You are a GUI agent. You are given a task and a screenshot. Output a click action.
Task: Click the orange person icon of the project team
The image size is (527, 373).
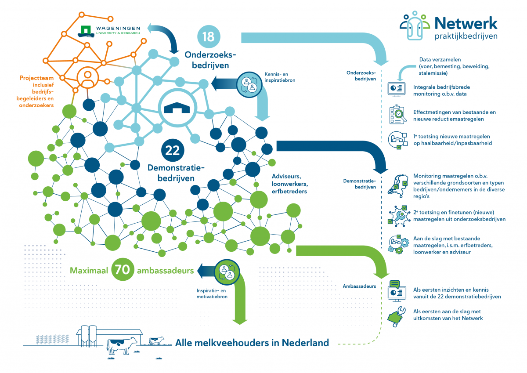coord(87,78)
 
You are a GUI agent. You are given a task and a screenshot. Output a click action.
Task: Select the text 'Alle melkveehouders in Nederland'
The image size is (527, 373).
coord(252,343)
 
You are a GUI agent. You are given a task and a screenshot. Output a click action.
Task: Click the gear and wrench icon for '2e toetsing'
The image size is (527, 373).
coord(398,215)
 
